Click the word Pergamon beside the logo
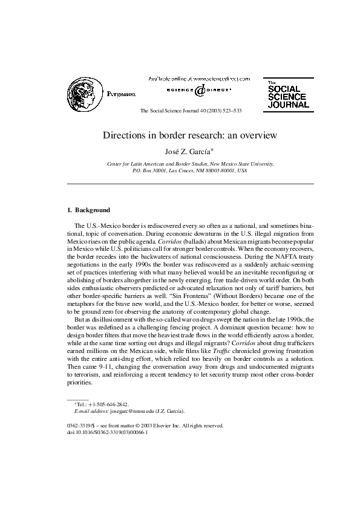tap(121, 94)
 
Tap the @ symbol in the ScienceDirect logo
tap(199, 91)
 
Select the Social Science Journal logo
tap(287, 96)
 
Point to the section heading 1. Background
tap(88, 210)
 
